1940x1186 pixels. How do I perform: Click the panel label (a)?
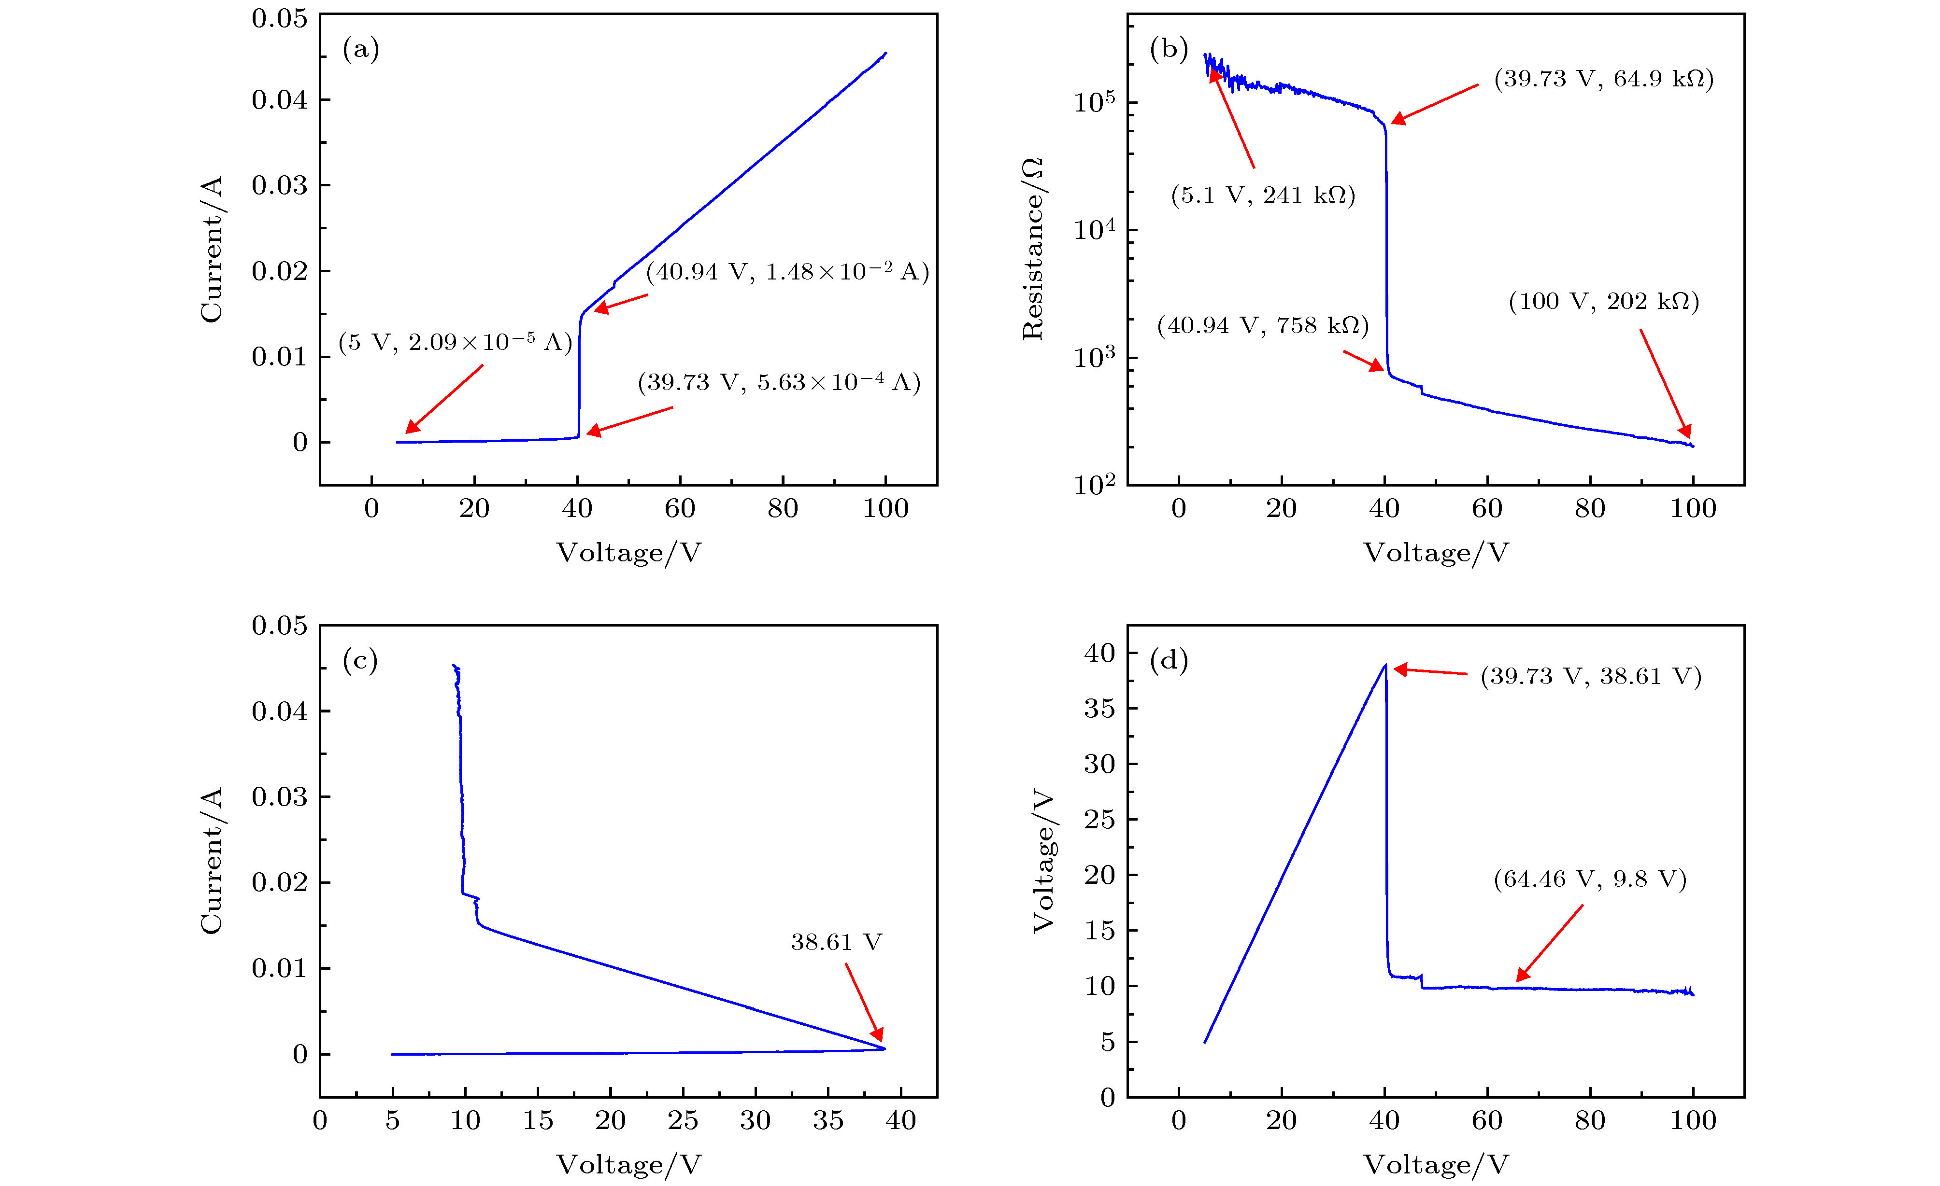tap(360, 50)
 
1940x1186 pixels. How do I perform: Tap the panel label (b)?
tap(1169, 50)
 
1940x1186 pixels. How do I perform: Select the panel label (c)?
tap(360, 662)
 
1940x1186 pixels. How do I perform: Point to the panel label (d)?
tap(1169, 662)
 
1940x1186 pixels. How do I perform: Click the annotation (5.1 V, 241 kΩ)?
tap(1263, 195)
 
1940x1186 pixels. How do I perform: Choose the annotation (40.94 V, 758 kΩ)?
tap(1263, 325)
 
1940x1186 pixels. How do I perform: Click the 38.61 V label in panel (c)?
tap(836, 942)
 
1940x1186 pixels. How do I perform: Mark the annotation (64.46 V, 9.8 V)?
tap(1590, 879)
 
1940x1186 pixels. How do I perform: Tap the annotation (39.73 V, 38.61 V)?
tap(1590, 677)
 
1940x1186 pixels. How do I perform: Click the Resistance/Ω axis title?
tap(1032, 249)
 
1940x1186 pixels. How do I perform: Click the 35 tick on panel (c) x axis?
tap(827, 1120)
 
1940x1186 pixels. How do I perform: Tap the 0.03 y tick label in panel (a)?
tap(280, 186)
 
